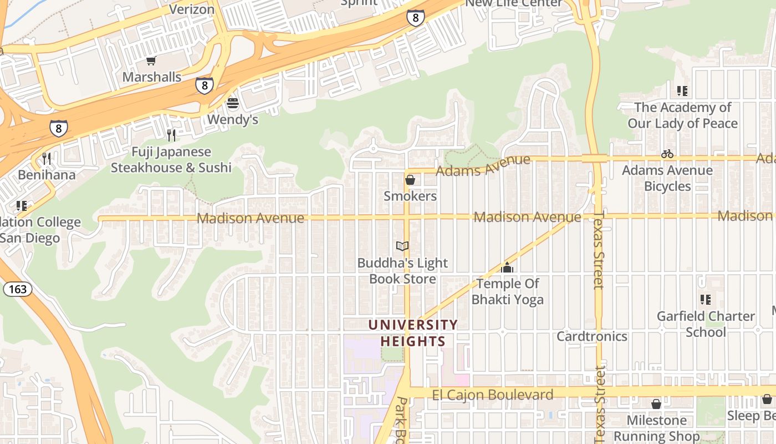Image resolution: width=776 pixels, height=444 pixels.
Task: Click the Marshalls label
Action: point(152,77)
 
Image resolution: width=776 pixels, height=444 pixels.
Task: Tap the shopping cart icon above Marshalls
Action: point(151,60)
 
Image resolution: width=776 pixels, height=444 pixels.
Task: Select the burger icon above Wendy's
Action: point(233,103)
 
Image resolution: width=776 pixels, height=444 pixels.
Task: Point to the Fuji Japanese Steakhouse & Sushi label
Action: point(171,159)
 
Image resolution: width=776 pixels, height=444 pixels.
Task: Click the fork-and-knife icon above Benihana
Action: point(47,159)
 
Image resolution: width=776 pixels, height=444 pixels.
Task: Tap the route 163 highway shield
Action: point(17,289)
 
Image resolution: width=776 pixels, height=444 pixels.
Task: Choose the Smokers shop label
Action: point(410,196)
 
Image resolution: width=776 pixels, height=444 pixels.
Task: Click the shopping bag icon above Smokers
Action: point(410,180)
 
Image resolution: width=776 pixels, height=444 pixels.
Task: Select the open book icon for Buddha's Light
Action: point(402,246)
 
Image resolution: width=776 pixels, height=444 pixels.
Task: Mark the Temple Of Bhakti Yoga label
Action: point(507,292)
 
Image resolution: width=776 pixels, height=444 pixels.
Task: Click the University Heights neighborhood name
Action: point(413,333)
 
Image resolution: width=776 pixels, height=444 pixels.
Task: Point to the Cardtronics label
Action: point(592,336)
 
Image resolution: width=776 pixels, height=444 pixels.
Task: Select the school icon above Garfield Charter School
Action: point(706,300)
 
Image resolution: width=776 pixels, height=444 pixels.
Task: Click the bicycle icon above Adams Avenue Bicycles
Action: point(667,154)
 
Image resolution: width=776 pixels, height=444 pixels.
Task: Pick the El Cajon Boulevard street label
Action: point(492,395)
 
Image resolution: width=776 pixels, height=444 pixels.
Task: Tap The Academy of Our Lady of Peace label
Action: point(682,115)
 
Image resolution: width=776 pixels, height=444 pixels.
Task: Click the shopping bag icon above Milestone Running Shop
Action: point(656,404)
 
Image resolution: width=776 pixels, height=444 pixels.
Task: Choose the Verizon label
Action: point(192,9)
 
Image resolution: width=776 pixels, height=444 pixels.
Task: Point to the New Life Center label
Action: point(513,3)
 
